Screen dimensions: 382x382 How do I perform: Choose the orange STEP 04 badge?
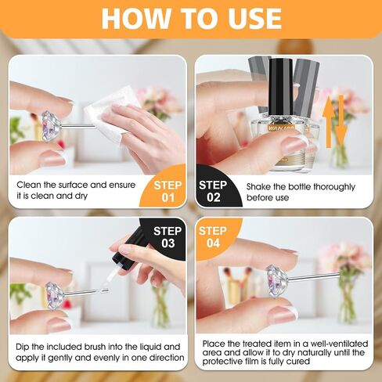click(216, 236)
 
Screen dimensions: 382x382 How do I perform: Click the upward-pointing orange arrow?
click(329, 122)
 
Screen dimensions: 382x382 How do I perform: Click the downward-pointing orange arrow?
click(341, 121)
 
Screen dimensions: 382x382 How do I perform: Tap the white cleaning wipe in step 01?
click(110, 115)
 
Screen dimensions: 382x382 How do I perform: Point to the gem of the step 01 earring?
click(51, 126)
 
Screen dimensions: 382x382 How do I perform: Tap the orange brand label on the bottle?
click(281, 128)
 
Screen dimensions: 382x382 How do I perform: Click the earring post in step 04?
click(314, 277)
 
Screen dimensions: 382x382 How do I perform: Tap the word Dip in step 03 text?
click(23, 348)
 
